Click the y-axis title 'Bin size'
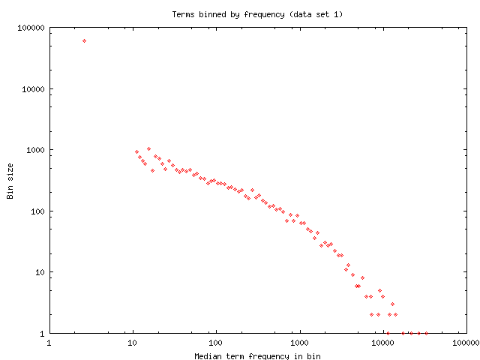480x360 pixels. [10, 181]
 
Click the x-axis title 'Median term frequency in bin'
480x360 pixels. [257, 355]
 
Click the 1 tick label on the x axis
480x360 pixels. [49, 344]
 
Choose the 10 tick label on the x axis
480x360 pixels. [133, 344]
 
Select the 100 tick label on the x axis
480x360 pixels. [216, 344]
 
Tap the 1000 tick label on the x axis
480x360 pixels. [300, 344]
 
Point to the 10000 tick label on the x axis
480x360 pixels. [383, 344]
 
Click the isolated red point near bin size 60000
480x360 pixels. [84, 40]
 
